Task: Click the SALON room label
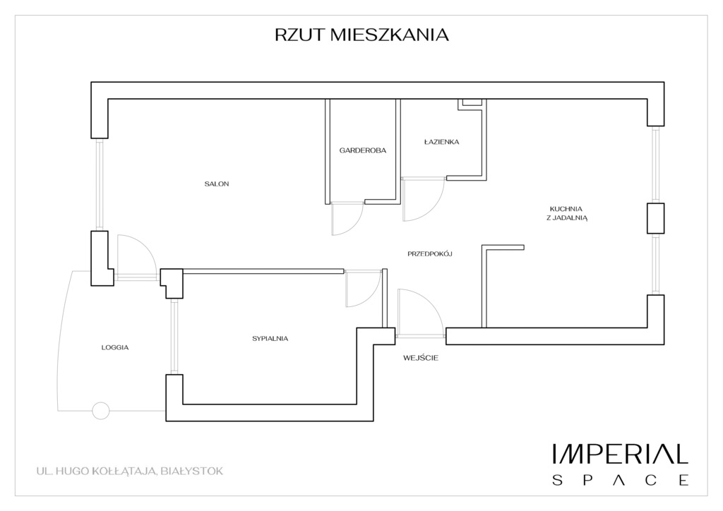click(217, 184)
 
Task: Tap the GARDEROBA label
click(363, 150)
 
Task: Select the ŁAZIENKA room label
click(442, 142)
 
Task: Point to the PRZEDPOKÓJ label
click(430, 253)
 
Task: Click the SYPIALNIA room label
click(270, 338)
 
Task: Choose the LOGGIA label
click(115, 347)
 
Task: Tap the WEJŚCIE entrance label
click(421, 358)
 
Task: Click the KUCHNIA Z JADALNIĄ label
click(567, 213)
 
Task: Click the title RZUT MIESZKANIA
click(361, 35)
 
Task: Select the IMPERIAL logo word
click(620, 454)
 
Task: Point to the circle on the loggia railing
click(101, 411)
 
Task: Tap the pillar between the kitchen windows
click(656, 218)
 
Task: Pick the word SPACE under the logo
click(620, 480)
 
